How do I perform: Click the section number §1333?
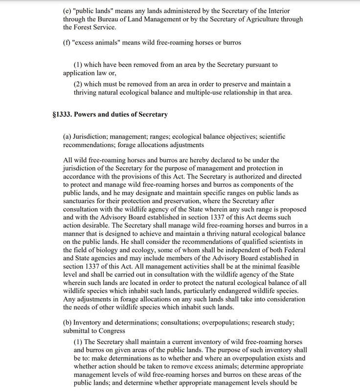pyautogui.click(x=63, y=115)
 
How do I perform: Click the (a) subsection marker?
pyautogui.click(x=68, y=137)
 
